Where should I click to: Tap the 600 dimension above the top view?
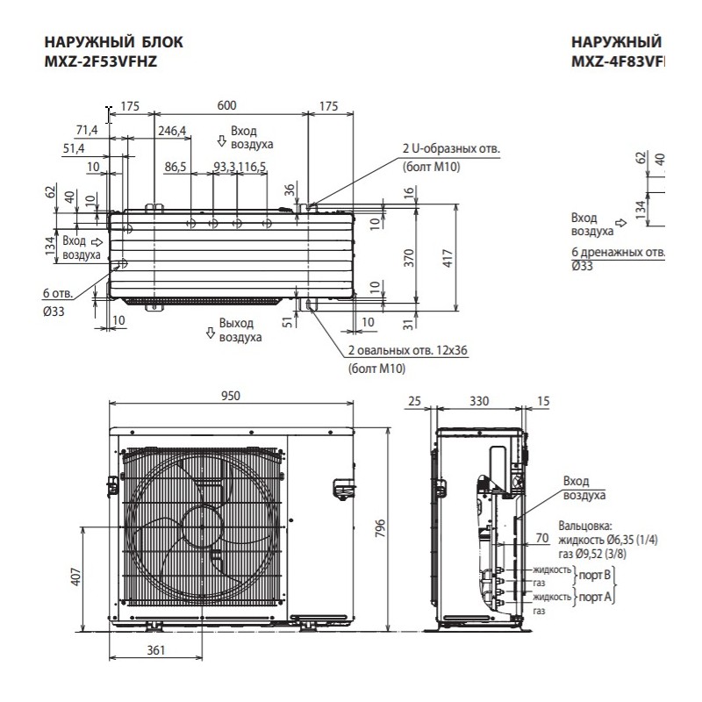[x=227, y=105]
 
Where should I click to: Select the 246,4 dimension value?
[x=172, y=132]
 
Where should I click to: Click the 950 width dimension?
[x=230, y=396]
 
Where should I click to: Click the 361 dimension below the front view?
[x=154, y=650]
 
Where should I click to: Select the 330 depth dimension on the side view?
[x=479, y=401]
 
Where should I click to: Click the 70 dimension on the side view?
[x=541, y=538]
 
